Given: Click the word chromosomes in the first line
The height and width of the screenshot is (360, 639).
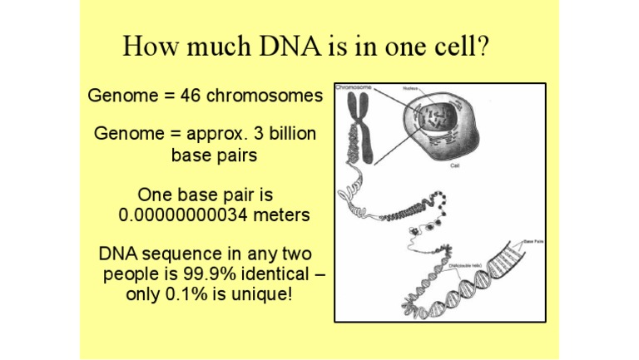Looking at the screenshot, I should click(265, 96).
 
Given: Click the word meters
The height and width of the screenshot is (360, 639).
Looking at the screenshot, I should click(284, 215).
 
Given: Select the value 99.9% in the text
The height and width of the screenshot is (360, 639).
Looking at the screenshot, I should click(212, 274).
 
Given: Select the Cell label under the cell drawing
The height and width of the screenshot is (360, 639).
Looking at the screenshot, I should click(454, 165).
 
